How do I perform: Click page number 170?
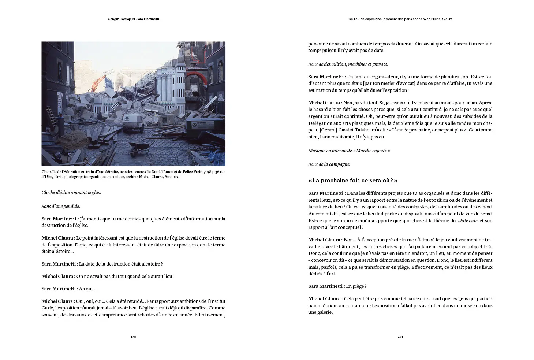133,337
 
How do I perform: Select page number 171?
400,337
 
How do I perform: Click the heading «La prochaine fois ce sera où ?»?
352,181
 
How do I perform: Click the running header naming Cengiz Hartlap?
133,19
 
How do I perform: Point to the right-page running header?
400,19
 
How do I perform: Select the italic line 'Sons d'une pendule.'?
61,206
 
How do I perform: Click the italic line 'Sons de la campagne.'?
329,164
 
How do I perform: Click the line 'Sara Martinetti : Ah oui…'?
69,289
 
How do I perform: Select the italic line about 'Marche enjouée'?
350,151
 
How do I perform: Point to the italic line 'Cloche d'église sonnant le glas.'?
71,192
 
